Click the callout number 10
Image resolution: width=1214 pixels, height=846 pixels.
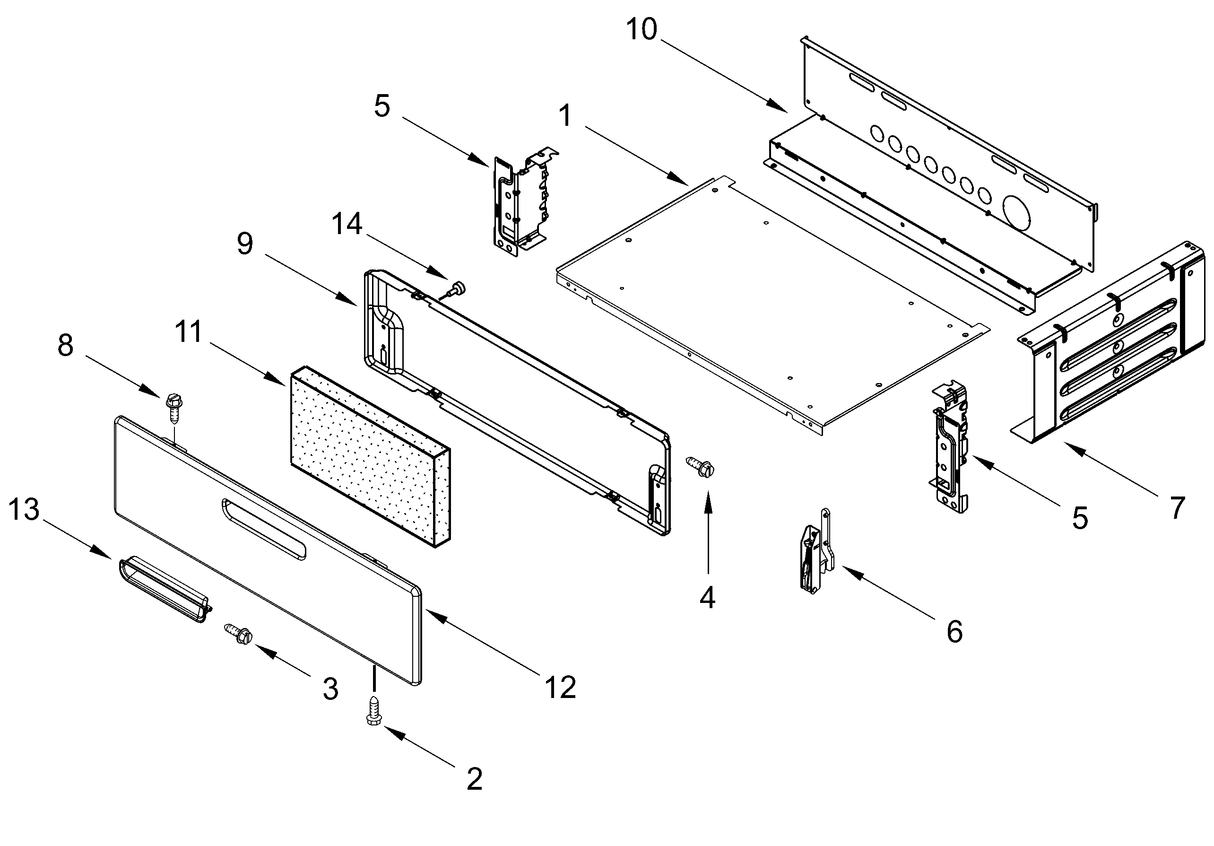point(642,29)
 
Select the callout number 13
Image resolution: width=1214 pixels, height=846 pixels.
point(24,509)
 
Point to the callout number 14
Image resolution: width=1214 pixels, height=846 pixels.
point(347,224)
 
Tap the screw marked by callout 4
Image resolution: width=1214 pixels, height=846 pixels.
point(701,467)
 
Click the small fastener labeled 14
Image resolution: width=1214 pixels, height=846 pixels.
point(456,288)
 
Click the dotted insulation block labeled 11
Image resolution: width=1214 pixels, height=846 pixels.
point(369,456)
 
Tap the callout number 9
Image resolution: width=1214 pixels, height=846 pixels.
point(245,244)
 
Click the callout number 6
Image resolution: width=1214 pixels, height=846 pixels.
point(954,631)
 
